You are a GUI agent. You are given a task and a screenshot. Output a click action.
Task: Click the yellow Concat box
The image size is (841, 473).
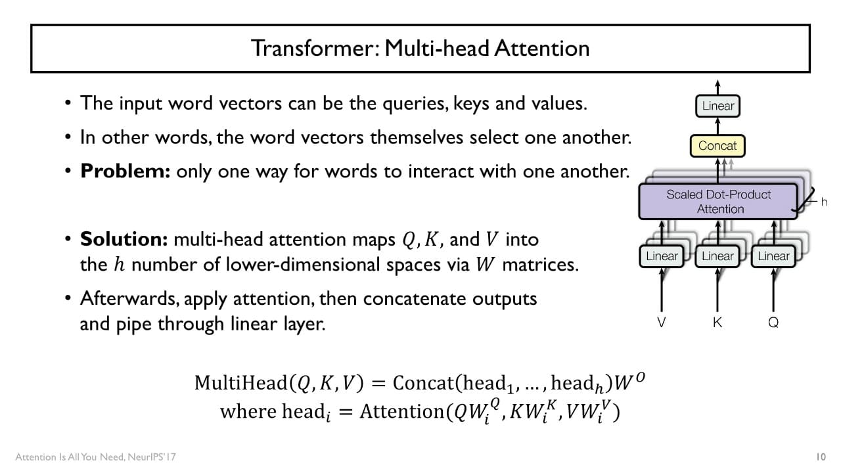(x=717, y=146)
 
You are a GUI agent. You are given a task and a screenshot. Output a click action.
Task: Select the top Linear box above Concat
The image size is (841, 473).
(x=718, y=106)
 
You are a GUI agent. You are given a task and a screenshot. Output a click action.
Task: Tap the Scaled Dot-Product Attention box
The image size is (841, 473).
(x=718, y=201)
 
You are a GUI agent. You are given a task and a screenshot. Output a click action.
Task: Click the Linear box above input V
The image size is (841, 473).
(x=662, y=256)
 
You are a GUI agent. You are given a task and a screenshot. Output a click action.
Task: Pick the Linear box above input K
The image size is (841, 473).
(x=717, y=256)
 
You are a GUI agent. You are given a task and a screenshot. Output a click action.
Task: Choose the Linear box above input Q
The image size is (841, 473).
(x=773, y=256)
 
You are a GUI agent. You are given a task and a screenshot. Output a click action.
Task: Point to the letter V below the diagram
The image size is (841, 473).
(x=662, y=323)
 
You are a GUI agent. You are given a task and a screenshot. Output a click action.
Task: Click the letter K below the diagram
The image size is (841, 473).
(x=717, y=323)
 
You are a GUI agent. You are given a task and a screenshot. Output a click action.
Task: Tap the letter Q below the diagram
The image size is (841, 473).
(x=773, y=323)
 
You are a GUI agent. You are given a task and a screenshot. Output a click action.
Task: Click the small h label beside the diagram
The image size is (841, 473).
(x=824, y=202)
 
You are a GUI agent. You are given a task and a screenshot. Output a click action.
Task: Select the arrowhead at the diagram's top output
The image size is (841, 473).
(x=717, y=84)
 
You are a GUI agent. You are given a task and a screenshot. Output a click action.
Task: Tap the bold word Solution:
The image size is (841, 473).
(x=124, y=239)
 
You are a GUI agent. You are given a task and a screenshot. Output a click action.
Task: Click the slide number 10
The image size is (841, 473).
(x=820, y=457)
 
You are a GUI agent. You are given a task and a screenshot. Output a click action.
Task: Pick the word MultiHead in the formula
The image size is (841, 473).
(x=241, y=382)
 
